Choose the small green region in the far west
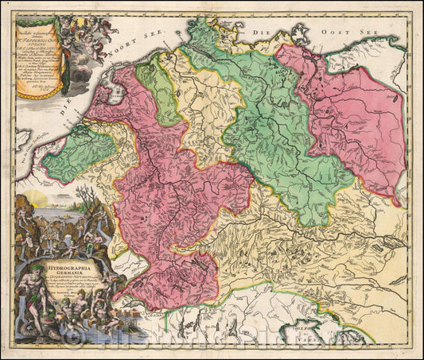78,151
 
